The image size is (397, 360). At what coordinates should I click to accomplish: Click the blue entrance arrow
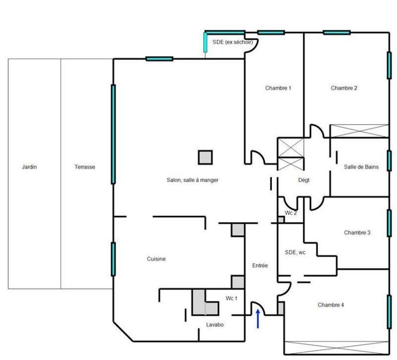258,318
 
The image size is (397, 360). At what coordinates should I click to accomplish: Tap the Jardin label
29,167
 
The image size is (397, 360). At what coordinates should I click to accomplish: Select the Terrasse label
85,167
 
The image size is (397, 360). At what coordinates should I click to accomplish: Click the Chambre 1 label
278,88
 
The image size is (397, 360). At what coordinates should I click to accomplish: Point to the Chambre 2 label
344,88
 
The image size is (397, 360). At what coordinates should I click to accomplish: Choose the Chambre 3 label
357,232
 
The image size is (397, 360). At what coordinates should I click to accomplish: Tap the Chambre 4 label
331,305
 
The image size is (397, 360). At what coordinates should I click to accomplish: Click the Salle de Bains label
361,167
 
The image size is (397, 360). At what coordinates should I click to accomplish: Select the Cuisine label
156,259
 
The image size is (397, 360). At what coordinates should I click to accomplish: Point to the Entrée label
260,266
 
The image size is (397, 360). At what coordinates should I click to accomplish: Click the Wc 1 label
232,298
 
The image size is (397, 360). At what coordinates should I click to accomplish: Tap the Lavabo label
215,325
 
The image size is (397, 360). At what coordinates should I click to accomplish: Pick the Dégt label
304,180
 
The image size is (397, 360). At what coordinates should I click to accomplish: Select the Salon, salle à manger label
193,180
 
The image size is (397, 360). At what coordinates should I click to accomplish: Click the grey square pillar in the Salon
205,157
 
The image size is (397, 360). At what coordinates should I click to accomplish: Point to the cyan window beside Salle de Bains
389,160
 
